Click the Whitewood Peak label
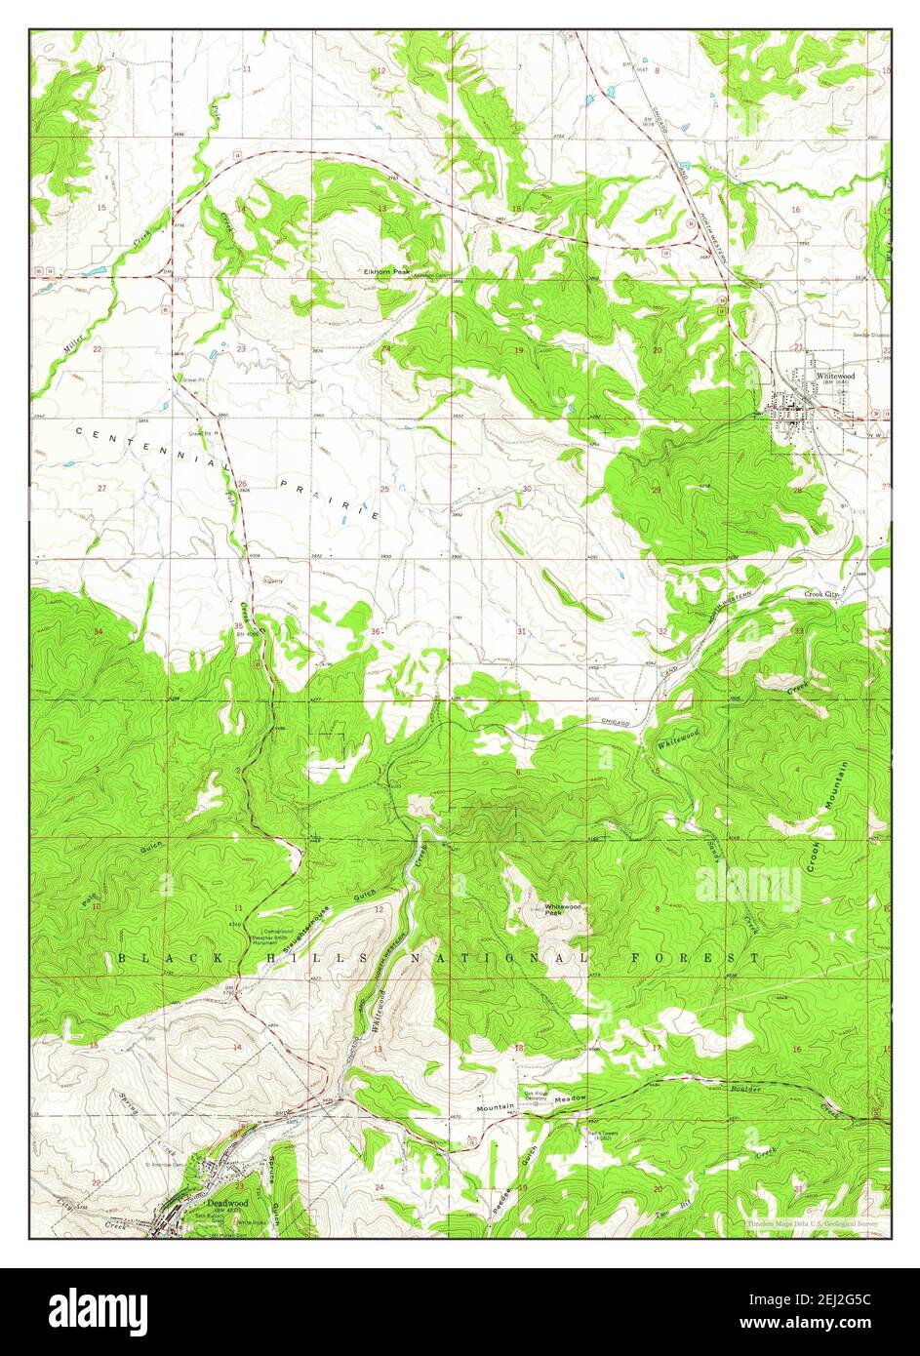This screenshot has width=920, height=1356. (x=563, y=909)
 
